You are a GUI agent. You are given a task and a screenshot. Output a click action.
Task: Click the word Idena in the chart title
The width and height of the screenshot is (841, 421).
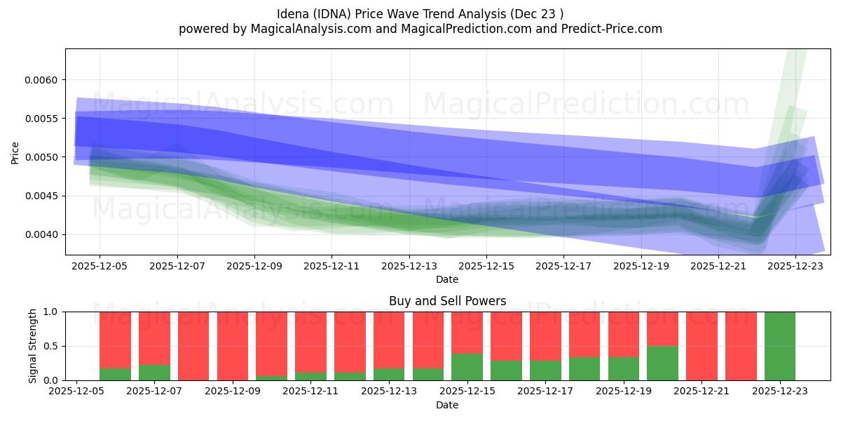click(x=295, y=13)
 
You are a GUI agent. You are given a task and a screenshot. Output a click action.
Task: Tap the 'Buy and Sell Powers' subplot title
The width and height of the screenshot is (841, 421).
click(x=448, y=302)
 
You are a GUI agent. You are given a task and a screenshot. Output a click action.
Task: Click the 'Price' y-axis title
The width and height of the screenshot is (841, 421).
click(x=15, y=152)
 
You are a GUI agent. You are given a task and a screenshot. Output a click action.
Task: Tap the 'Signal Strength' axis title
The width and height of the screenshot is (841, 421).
click(x=33, y=346)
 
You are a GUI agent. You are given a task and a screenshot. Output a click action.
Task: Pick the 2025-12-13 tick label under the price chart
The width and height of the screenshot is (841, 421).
click(x=409, y=267)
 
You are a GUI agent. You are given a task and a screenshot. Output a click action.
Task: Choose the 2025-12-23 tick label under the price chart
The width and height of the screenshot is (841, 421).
click(x=795, y=267)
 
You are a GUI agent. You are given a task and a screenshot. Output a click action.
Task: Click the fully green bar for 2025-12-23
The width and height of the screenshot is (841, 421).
click(x=779, y=346)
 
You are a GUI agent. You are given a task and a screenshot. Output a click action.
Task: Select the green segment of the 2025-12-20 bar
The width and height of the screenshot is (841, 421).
click(x=662, y=363)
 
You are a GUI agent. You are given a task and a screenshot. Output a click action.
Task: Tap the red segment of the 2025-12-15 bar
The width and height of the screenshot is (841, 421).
click(x=467, y=332)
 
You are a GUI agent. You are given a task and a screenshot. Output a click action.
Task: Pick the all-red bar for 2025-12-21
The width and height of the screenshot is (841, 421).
click(x=702, y=346)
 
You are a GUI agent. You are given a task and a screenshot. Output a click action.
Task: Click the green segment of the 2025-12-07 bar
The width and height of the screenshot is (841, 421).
click(x=154, y=373)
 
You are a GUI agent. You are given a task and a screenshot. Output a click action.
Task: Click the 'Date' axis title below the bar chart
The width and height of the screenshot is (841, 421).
click(x=447, y=405)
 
